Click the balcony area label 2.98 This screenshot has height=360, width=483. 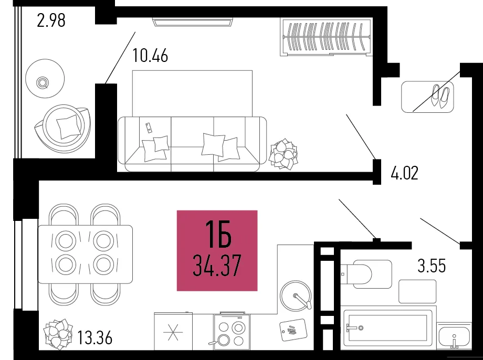pos(51,20)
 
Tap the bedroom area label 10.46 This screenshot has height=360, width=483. pos(150,56)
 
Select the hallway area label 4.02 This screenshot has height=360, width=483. pos(404,173)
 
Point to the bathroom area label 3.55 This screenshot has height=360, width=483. pos(432,266)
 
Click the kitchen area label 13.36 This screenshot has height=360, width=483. pos(94,337)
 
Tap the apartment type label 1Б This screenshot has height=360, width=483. pos(218,235)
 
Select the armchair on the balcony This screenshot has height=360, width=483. pos(63,129)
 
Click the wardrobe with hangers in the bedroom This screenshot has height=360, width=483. pos(327,37)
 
